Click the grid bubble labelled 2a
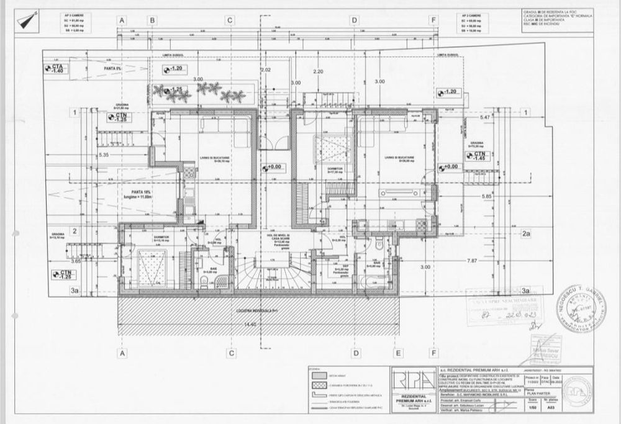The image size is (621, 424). [526, 234]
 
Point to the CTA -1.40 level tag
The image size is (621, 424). [57, 68]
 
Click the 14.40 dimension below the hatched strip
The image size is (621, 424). [250, 324]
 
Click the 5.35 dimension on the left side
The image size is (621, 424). [104, 154]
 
